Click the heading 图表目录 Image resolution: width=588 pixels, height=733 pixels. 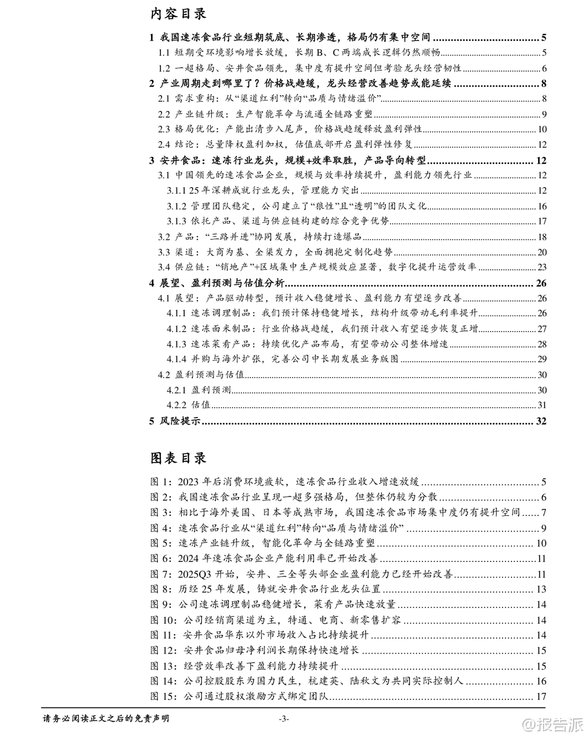(x=178, y=458)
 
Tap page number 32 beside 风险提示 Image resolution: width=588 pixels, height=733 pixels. (x=541, y=421)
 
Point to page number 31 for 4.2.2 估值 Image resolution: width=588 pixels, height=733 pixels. (x=542, y=405)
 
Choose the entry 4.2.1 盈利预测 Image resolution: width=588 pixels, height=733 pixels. (x=199, y=390)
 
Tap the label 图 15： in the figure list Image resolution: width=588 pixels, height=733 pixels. (x=164, y=696)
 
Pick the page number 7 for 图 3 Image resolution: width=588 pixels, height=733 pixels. (x=544, y=513)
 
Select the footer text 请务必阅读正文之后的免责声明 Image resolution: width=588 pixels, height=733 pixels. (x=106, y=718)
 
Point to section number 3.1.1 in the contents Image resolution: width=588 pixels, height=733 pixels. (x=176, y=190)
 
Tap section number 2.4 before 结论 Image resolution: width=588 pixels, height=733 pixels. (x=164, y=144)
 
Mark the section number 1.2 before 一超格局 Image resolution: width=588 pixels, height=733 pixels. (x=164, y=68)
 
